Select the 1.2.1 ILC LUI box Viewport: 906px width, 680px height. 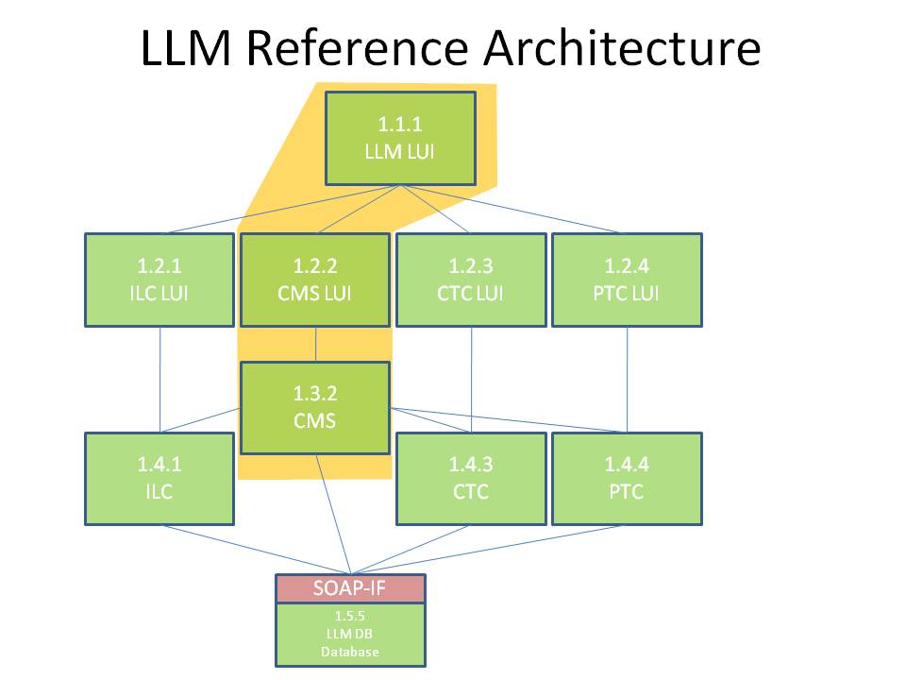click(159, 280)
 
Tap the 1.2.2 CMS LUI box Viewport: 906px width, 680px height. click(315, 280)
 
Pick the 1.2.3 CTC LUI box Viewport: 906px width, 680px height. click(471, 280)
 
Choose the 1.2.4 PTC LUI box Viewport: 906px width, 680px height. click(627, 280)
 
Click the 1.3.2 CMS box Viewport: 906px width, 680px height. click(315, 407)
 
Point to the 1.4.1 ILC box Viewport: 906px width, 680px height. click(159, 478)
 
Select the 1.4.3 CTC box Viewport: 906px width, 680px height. click(471, 478)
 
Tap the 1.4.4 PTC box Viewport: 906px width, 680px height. click(627, 478)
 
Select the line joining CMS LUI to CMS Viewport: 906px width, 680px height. click(315, 345)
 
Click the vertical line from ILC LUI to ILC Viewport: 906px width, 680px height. click(159, 378)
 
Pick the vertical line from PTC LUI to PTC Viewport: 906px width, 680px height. click(627, 378)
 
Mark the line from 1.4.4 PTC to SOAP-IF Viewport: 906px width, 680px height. click(528, 549)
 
